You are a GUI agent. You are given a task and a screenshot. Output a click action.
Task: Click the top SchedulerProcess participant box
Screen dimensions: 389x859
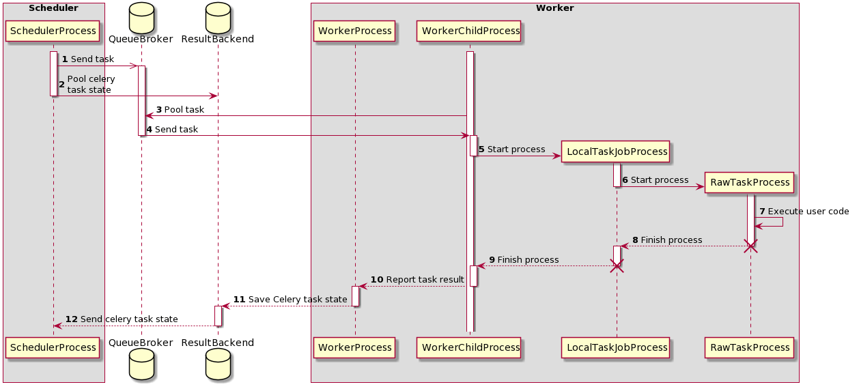[53, 31]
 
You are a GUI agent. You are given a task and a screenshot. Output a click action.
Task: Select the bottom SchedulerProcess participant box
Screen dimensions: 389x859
[53, 347]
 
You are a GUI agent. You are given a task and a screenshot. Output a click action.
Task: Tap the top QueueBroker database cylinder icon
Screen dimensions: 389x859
[141, 17]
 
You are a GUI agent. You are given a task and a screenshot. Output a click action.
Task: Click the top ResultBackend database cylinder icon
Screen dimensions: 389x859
[218, 17]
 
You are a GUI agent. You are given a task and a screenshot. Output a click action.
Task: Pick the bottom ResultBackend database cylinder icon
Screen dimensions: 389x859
[218, 366]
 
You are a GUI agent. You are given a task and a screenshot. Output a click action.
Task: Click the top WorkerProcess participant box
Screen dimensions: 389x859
[355, 31]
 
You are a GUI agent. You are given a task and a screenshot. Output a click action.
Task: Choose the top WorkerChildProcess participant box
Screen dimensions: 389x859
[470, 31]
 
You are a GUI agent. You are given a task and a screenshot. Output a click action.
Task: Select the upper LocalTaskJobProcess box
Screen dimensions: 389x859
[616, 152]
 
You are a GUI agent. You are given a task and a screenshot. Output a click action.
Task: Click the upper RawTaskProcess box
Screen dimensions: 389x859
[750, 182]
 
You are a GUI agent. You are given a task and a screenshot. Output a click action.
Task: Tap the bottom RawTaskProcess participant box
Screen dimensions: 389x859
[750, 347]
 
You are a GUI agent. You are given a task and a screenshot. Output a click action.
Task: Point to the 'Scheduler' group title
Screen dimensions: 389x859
[53, 8]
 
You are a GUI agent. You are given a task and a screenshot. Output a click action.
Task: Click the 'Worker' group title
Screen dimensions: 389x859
[554, 8]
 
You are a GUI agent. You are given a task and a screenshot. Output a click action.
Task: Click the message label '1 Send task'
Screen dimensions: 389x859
[88, 59]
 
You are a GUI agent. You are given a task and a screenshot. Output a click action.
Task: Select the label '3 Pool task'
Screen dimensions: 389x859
[180, 110]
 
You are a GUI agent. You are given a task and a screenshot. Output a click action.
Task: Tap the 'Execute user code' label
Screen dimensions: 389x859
[804, 212]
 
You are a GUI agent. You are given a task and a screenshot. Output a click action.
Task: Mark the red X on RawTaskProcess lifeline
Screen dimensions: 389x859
[750, 246]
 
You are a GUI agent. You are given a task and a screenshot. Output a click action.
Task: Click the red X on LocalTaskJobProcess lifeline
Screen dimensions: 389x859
[617, 266]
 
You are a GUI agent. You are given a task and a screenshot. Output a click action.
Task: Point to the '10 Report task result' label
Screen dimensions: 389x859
[417, 280]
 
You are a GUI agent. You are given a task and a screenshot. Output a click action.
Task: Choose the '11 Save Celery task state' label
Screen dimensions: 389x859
[290, 300]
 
